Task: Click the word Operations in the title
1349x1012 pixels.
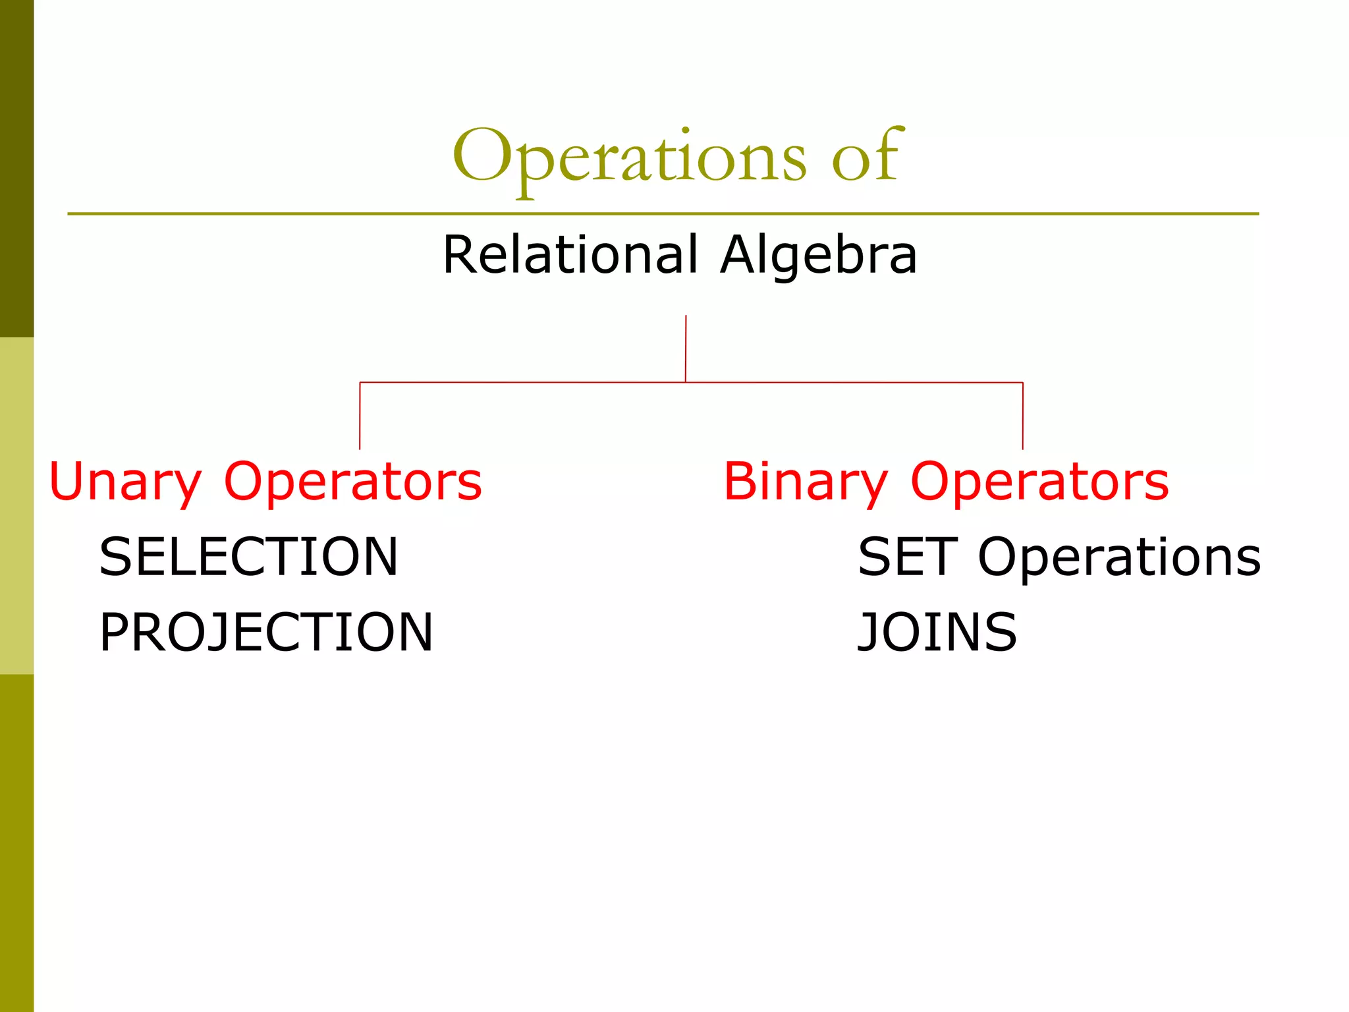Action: pyautogui.click(x=629, y=158)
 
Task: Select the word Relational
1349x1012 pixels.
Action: pyautogui.click(x=569, y=255)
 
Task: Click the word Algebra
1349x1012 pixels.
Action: pyautogui.click(x=818, y=255)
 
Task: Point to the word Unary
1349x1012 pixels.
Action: pyautogui.click(x=125, y=482)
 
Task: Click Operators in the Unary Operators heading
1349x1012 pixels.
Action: pyautogui.click(x=353, y=482)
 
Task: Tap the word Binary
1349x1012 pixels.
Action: pyautogui.click(x=806, y=482)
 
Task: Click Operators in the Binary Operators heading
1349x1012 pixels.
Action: pyautogui.click(x=1039, y=482)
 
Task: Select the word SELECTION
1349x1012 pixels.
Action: pyautogui.click(x=248, y=557)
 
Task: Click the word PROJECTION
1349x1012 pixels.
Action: pyautogui.click(x=266, y=632)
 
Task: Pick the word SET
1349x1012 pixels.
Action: pyautogui.click(x=907, y=557)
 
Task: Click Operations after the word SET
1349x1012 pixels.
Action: pyautogui.click(x=1118, y=557)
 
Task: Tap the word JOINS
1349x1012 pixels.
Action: pyautogui.click(x=937, y=632)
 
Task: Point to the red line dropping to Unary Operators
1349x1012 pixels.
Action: pyautogui.click(x=360, y=416)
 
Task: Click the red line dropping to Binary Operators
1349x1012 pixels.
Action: pyautogui.click(x=1022, y=416)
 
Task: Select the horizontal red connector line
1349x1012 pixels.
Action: pyautogui.click(x=527, y=382)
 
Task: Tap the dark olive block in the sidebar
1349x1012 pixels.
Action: pyautogui.click(x=16, y=168)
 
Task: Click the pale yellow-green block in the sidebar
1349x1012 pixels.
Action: pyautogui.click(x=16, y=506)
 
